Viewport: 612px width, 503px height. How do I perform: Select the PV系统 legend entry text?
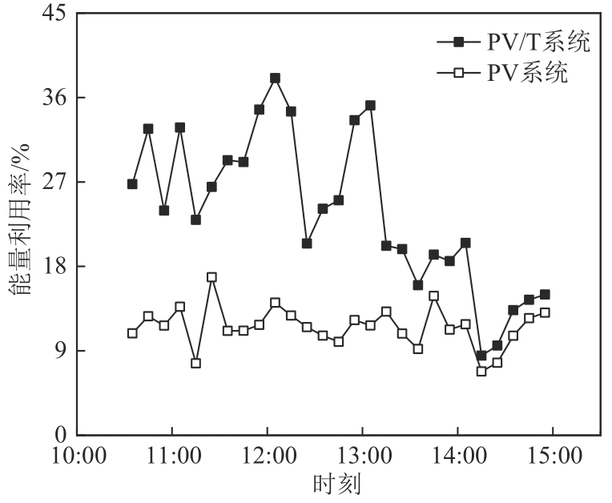click(527, 74)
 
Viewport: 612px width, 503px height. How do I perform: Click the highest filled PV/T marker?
click(275, 78)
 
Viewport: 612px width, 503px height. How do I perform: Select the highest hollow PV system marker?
click(211, 277)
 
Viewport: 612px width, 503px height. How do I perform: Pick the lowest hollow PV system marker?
click(481, 371)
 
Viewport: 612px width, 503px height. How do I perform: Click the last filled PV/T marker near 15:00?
click(545, 295)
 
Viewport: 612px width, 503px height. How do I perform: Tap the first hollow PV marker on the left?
click(132, 333)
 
